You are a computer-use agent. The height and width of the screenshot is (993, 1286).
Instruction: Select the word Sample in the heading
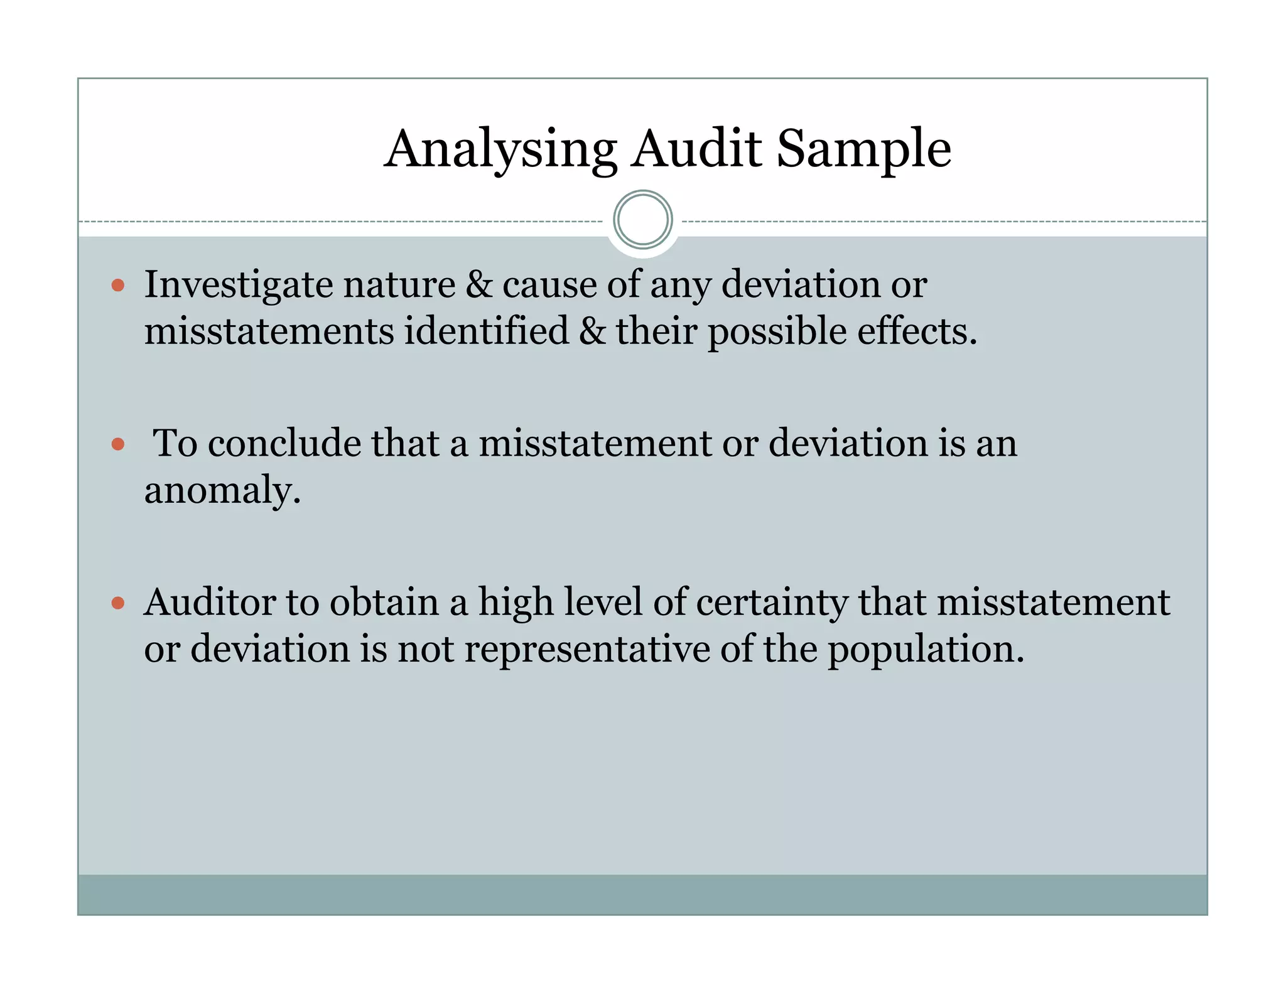tap(864, 149)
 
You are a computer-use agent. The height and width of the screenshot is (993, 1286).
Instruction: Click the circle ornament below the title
tap(643, 220)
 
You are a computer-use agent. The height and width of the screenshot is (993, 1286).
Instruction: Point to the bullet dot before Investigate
tap(118, 286)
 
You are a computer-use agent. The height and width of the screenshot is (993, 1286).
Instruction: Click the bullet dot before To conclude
tap(118, 445)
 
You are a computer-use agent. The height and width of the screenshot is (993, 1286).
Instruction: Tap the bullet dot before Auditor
tap(118, 604)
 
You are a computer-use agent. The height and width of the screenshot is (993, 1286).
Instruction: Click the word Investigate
tap(237, 285)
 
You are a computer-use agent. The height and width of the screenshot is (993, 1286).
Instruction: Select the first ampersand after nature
tap(479, 284)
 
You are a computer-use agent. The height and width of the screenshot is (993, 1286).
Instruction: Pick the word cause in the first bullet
tap(549, 284)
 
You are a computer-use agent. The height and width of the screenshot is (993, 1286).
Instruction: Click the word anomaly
tap(222, 491)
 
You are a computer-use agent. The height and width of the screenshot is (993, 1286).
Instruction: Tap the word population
tap(926, 650)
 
